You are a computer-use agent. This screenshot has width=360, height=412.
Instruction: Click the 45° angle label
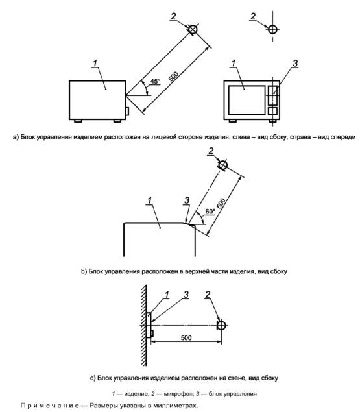(155, 81)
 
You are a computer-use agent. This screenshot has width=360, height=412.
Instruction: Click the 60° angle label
(210, 212)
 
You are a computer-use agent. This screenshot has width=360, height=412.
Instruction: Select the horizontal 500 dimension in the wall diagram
(186, 337)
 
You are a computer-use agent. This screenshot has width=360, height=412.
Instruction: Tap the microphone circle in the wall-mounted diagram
(221, 325)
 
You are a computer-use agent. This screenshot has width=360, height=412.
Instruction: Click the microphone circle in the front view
(273, 29)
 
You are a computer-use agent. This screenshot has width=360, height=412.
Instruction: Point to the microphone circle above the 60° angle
(223, 165)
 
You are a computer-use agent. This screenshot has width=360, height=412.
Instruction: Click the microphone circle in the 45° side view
(193, 29)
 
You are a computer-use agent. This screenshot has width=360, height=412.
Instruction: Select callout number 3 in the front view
(295, 64)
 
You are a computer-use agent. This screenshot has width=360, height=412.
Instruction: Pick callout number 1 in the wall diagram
(167, 295)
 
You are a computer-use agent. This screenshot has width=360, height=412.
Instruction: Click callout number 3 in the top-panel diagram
(187, 200)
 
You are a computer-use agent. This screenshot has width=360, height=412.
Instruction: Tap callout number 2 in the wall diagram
(208, 295)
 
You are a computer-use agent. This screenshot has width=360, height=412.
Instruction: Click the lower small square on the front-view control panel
(273, 111)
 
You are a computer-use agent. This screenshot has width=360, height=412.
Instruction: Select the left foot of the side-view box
(78, 121)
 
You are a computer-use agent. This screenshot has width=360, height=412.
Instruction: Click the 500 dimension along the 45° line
(173, 76)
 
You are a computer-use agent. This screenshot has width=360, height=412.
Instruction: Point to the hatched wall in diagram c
(143, 325)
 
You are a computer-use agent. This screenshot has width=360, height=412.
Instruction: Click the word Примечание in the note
(50, 406)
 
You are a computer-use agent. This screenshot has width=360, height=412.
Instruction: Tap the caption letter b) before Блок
(84, 271)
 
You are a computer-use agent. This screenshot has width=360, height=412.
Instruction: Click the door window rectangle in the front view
(246, 100)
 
